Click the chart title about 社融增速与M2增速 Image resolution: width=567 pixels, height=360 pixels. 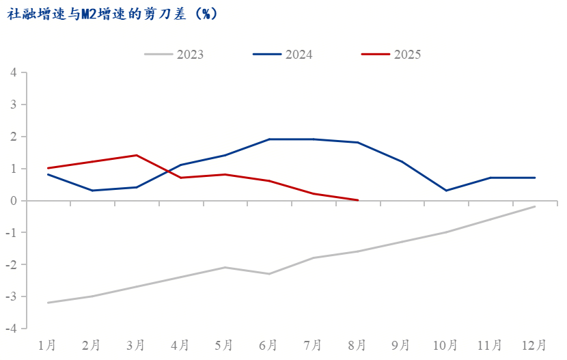(112, 14)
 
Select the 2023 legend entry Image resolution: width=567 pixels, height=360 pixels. (174, 55)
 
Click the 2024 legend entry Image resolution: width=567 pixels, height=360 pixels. (282, 55)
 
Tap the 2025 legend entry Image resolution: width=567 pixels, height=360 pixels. (391, 55)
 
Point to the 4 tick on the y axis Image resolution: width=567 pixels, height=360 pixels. (14, 72)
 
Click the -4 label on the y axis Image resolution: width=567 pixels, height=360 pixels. (11, 329)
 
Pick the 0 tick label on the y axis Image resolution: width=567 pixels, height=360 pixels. (14, 201)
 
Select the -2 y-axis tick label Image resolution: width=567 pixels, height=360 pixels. (11, 264)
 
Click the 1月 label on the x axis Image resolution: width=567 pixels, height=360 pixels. (47, 346)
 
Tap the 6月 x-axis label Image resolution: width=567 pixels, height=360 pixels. (268, 346)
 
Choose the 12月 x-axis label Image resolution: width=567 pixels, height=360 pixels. (534, 346)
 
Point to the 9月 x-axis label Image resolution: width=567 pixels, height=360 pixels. (400, 346)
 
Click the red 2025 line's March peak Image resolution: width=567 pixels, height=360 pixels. (137, 156)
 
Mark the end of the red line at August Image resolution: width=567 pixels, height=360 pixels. (358, 200)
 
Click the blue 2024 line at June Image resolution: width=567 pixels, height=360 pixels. (269, 139)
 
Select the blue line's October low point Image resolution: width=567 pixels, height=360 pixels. (446, 191)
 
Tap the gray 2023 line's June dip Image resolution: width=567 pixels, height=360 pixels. (269, 274)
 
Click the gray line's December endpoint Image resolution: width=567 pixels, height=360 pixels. (534, 206)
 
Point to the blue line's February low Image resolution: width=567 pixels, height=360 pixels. (92, 191)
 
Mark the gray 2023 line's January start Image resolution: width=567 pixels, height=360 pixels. (48, 303)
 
